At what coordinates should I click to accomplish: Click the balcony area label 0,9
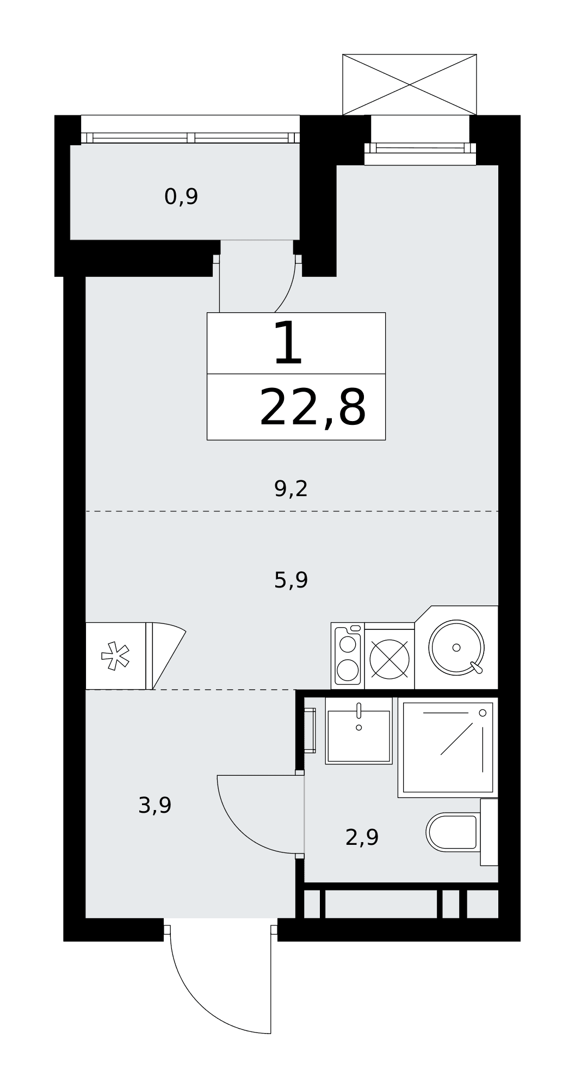(x=181, y=196)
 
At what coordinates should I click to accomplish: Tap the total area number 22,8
(x=313, y=408)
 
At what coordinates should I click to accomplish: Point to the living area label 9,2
(x=291, y=489)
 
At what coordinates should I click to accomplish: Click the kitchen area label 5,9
(x=291, y=580)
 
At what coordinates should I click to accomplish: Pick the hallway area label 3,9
(x=155, y=805)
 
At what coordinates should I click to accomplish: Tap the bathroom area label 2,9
(x=362, y=837)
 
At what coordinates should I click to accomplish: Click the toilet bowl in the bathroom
(x=453, y=832)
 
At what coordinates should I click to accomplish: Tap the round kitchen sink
(x=456, y=647)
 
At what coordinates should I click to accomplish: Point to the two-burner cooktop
(x=348, y=656)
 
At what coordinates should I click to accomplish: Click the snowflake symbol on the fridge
(x=115, y=656)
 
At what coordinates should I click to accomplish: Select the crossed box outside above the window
(x=410, y=85)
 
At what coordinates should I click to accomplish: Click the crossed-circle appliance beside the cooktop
(x=389, y=659)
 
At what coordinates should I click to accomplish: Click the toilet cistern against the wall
(x=489, y=832)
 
